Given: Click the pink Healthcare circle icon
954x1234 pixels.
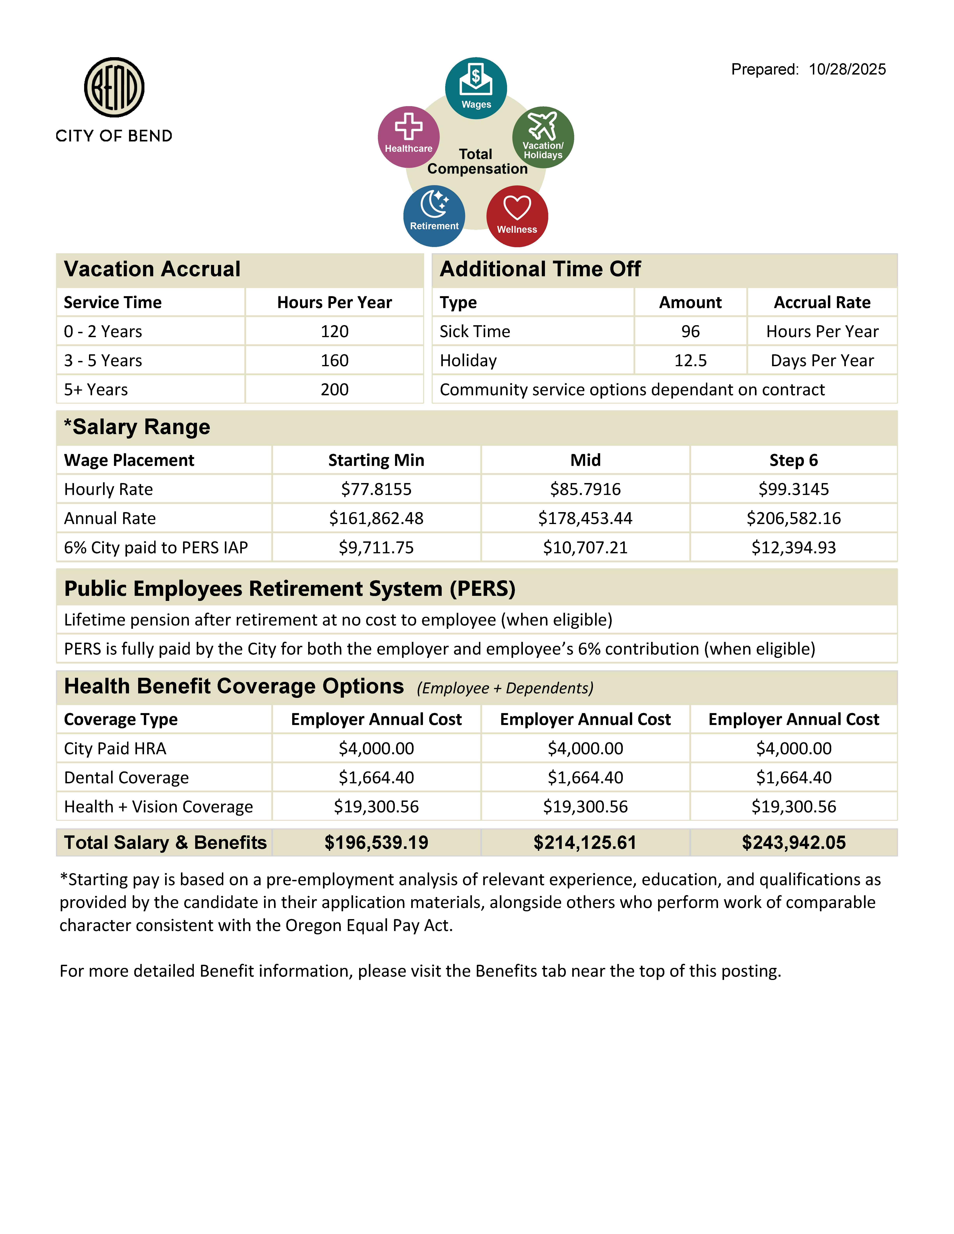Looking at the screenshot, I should (409, 137).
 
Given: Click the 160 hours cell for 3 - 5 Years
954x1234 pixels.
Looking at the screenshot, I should (335, 361).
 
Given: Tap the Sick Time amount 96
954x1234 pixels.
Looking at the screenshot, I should (690, 332).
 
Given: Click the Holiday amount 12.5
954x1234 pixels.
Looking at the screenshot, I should (690, 361).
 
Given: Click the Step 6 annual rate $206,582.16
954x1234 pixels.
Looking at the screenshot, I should (794, 518).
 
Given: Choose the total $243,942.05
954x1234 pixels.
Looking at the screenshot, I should (794, 842).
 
